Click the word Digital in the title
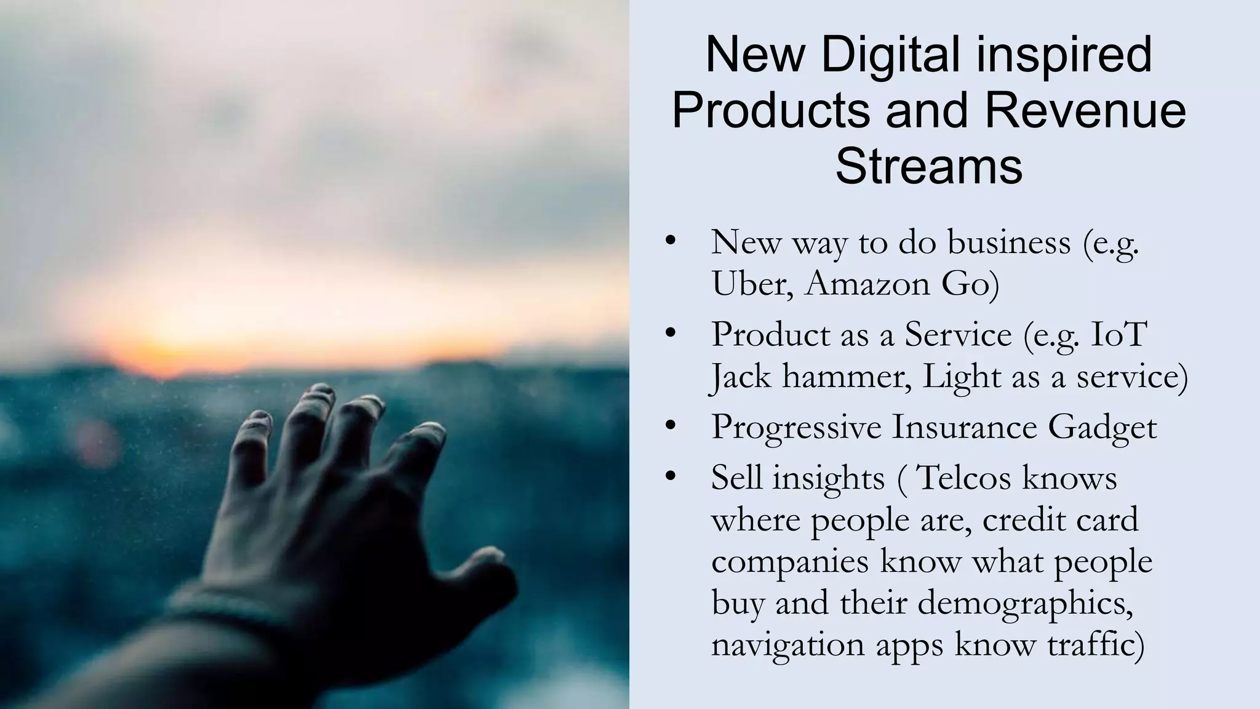(x=890, y=55)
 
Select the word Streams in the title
(x=928, y=166)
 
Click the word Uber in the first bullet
(x=750, y=284)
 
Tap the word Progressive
(x=796, y=428)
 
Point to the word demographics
(x=1025, y=603)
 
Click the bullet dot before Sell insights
(x=671, y=476)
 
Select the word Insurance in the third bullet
(x=963, y=428)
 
